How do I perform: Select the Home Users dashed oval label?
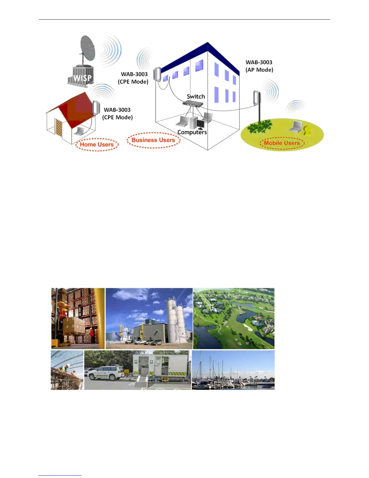pyautogui.click(x=97, y=145)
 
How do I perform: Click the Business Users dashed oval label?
pyautogui.click(x=153, y=140)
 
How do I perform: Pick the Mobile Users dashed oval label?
pyautogui.click(x=282, y=143)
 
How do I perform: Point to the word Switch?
pyautogui.click(x=196, y=97)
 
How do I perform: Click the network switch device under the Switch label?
pyautogui.click(x=193, y=104)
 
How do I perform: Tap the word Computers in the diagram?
pyautogui.click(x=192, y=132)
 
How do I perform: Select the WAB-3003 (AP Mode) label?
pyautogui.click(x=259, y=66)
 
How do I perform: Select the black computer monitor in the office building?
pyautogui.click(x=200, y=124)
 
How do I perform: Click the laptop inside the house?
pyautogui.click(x=79, y=131)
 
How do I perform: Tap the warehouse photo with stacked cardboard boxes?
pyautogui.click(x=78, y=318)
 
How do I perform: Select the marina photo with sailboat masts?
pyautogui.click(x=233, y=370)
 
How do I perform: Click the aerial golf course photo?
pyautogui.click(x=234, y=318)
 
